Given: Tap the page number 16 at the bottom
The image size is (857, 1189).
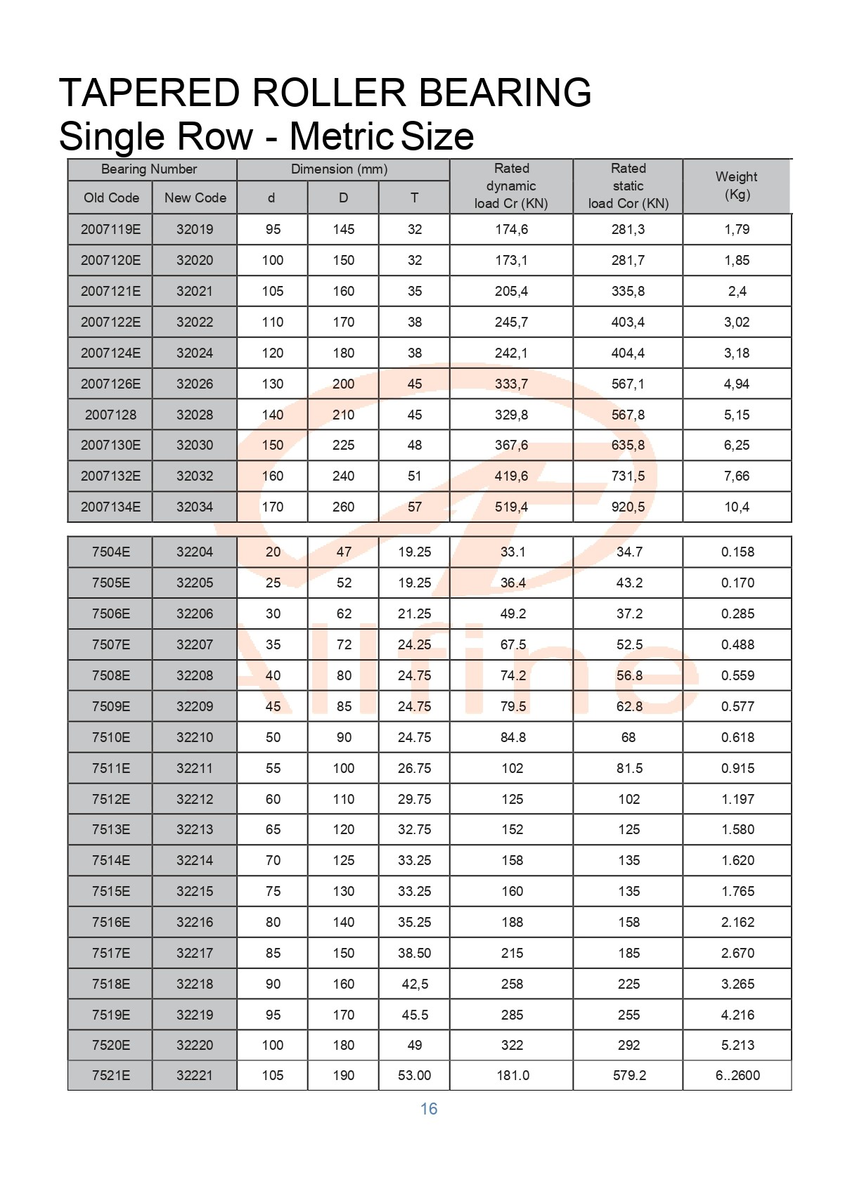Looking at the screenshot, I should [x=429, y=1109].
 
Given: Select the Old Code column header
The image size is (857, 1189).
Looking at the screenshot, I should [x=111, y=198].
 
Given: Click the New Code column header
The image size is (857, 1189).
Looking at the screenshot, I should [x=195, y=198].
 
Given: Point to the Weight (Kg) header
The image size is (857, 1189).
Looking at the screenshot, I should [x=736, y=186].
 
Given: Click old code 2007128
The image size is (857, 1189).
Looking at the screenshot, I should [x=110, y=415].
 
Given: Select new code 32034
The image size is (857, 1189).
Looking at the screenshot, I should [x=195, y=507].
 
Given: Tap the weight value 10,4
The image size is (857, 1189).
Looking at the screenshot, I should [x=737, y=507].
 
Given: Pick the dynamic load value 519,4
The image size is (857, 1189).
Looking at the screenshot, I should [x=511, y=507].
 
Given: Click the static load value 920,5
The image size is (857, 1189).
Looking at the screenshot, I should [x=628, y=507].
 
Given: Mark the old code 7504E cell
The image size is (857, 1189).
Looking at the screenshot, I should [x=111, y=552].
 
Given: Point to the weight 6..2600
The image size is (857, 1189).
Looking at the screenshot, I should [x=737, y=1075].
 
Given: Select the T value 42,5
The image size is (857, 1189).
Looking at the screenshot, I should [x=415, y=984].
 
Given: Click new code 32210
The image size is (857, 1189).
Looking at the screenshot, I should [x=195, y=737].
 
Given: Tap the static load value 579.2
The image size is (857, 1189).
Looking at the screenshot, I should [x=629, y=1075].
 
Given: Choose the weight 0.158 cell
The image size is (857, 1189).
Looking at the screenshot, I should [x=737, y=552].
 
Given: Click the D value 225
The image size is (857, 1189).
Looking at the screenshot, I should [x=343, y=445].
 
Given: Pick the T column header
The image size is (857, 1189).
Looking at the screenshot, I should [x=415, y=198].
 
